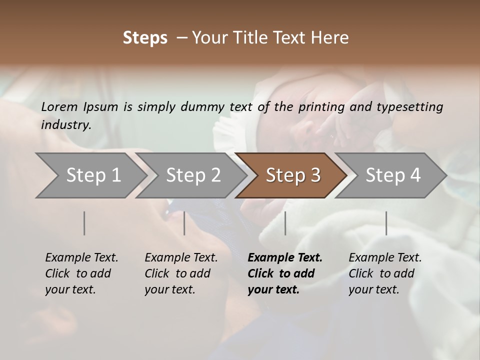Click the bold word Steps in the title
[x=145, y=38]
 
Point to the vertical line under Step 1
[x=84, y=223]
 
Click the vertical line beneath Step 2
[x=184, y=223]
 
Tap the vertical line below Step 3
[x=285, y=223]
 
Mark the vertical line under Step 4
[x=386, y=223]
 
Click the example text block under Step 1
[x=81, y=273]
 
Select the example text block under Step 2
[x=181, y=273]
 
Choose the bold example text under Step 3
[x=285, y=273]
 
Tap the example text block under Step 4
[x=385, y=273]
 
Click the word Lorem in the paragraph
[x=59, y=106]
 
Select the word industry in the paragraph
[x=66, y=124]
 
